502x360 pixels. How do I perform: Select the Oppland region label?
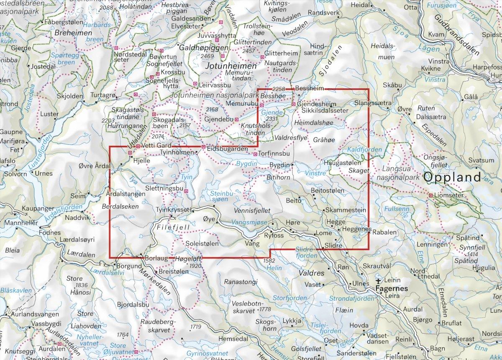452,177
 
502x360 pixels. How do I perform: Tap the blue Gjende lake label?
268,112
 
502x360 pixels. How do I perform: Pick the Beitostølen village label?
328,191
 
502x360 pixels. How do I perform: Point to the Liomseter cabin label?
451,195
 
